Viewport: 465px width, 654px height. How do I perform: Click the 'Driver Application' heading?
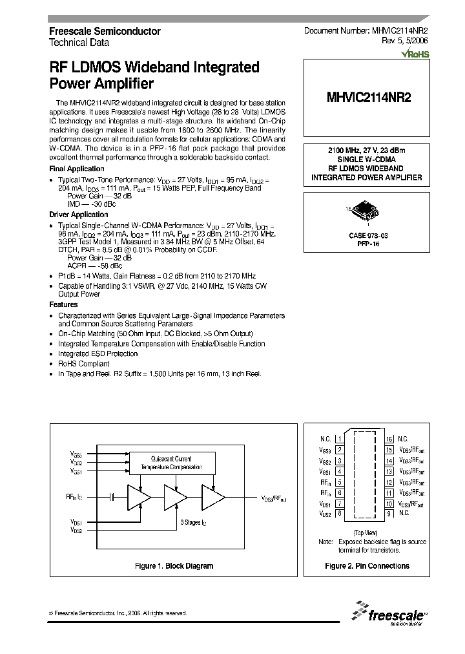coord(79,215)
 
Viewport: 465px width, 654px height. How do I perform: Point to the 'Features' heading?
coord(63,304)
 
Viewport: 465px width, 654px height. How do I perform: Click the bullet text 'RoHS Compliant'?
coord(84,364)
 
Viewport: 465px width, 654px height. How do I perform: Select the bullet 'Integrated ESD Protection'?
coord(98,354)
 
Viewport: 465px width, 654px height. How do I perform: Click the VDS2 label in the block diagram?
coord(76,529)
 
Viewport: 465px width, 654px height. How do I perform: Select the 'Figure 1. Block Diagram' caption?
coord(174,565)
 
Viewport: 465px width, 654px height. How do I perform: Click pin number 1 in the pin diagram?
coord(340,438)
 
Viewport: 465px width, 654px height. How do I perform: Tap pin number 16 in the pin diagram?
coord(389,438)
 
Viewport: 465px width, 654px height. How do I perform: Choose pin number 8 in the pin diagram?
coord(340,514)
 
